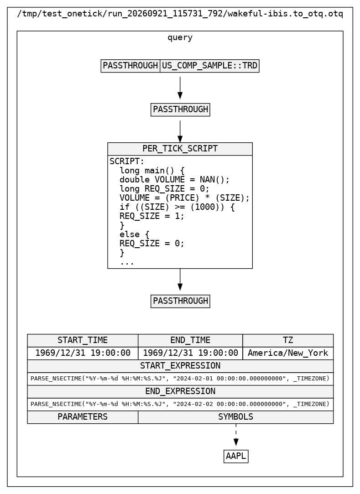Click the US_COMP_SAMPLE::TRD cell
coord(209,66)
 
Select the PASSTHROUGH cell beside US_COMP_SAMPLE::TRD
coord(130,66)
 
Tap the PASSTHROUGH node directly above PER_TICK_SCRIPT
coord(180,109)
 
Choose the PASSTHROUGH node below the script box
coord(180,301)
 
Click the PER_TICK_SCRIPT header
coord(180,149)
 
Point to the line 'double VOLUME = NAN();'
coord(175,180)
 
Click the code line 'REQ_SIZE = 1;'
coord(152,216)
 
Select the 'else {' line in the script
coord(134,234)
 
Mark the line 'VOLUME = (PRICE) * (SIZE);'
coord(185,198)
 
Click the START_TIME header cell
coord(83,341)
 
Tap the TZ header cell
coord(288,341)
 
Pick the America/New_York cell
coord(288,353)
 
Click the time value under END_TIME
coord(190,353)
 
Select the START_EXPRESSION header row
coord(180,366)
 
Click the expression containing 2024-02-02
coord(180,404)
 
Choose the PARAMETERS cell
coord(83,417)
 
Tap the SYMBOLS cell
coord(236,417)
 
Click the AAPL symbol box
coord(236,457)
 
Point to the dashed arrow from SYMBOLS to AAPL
coord(236,435)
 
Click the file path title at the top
coord(180,14)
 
